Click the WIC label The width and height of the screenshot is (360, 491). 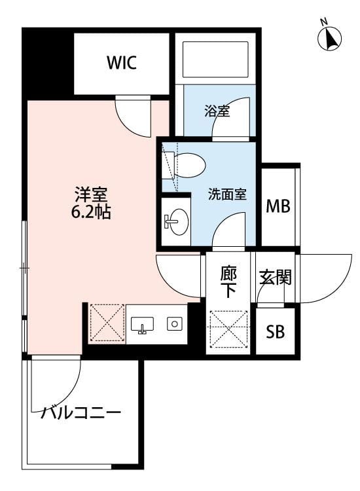click(x=122, y=64)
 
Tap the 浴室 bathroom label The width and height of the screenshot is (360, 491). click(x=217, y=111)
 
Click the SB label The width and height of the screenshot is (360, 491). click(x=275, y=332)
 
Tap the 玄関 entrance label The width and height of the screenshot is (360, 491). click(x=274, y=278)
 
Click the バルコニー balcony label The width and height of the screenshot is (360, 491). click(x=81, y=413)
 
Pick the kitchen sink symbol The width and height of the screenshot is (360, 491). click(x=142, y=325)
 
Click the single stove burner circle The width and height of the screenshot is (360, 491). click(x=174, y=324)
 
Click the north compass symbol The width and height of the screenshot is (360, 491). click(x=331, y=41)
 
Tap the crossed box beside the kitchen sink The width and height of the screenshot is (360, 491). click(x=107, y=322)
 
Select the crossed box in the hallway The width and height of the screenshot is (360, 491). click(x=228, y=330)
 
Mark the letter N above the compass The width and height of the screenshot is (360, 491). click(x=324, y=23)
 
